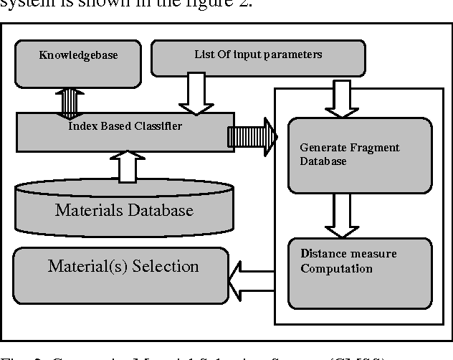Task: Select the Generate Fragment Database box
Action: point(359,154)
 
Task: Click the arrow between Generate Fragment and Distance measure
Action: point(342,214)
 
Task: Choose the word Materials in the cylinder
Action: point(86,210)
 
